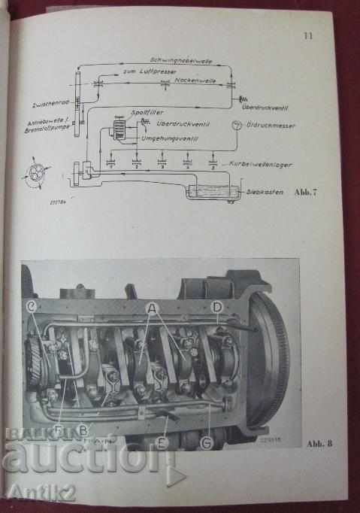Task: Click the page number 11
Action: tap(307, 35)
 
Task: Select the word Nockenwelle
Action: tap(192, 78)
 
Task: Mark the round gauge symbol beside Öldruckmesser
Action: tap(237, 123)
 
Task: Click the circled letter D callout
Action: tap(216, 306)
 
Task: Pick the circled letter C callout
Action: tap(32, 306)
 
